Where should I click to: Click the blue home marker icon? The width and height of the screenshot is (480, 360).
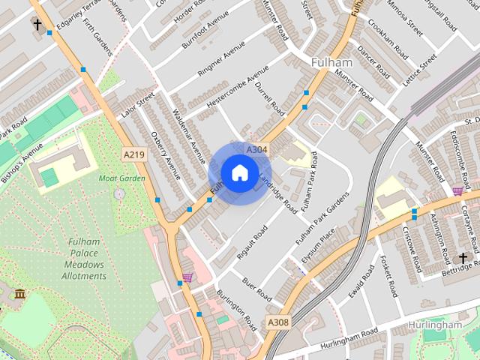coord(239,173)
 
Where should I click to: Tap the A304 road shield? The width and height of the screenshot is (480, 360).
coord(257,150)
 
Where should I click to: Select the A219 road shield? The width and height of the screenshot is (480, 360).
coord(133,154)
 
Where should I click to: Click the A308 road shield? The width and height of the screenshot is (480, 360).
coord(277,323)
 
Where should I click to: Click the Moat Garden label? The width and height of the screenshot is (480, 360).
coord(121,178)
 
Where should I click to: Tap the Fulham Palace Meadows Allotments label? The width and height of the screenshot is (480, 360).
coord(84,259)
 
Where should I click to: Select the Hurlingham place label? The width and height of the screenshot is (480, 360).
coord(435,325)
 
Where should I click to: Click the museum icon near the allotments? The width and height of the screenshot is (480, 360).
coord(19,292)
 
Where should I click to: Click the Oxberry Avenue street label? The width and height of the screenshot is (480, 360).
coord(166,155)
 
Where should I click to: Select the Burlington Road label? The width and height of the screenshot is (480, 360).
coord(237,310)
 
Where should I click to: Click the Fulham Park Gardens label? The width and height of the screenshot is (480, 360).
coord(322,218)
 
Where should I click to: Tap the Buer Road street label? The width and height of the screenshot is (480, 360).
coord(256,288)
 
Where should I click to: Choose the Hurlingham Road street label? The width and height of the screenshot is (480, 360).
coord(349,338)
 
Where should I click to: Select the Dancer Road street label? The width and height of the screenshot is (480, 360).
coord(373,63)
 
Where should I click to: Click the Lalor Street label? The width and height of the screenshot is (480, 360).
coord(136,106)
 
